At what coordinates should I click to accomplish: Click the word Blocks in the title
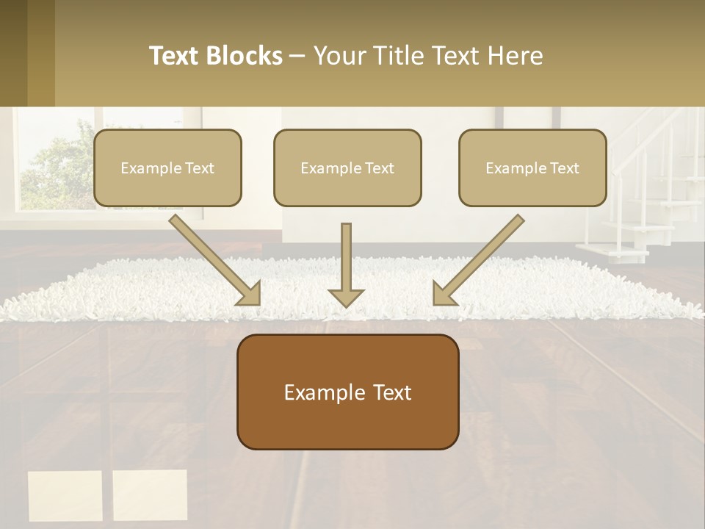point(244,56)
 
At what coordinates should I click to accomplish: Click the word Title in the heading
point(395,56)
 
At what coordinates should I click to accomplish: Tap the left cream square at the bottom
point(65,495)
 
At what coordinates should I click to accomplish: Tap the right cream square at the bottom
point(150,495)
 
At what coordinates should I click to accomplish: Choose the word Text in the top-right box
point(565,168)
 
